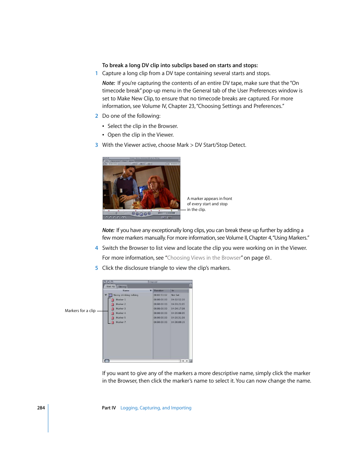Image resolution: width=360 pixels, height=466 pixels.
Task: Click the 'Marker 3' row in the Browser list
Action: (121, 309)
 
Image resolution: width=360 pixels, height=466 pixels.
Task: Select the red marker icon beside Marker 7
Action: (112, 322)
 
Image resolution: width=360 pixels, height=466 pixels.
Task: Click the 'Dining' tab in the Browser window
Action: (123, 287)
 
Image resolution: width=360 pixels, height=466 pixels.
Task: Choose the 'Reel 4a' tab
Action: (110, 286)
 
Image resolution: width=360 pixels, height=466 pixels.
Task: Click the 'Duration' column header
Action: (159, 291)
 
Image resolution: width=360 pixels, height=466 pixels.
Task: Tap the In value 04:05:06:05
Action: (178, 313)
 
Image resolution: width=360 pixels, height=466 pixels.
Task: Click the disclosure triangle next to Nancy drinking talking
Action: (106, 295)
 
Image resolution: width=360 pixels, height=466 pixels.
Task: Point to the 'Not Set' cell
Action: (175, 295)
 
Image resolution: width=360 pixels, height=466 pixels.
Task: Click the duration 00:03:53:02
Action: (160, 295)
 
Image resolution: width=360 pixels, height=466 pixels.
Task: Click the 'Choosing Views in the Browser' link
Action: (204, 258)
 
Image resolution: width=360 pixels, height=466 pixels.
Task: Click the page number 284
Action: (41, 408)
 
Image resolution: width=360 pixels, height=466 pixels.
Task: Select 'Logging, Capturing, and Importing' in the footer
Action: (156, 408)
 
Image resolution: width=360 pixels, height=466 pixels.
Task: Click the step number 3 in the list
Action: (97, 145)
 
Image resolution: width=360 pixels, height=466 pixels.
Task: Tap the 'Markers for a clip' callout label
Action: (80, 311)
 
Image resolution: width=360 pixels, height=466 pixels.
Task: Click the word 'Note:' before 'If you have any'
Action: (108, 230)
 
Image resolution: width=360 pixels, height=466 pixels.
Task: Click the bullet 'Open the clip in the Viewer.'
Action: (140, 135)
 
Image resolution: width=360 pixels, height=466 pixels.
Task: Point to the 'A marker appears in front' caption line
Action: (209, 198)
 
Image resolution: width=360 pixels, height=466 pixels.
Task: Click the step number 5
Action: (97, 268)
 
